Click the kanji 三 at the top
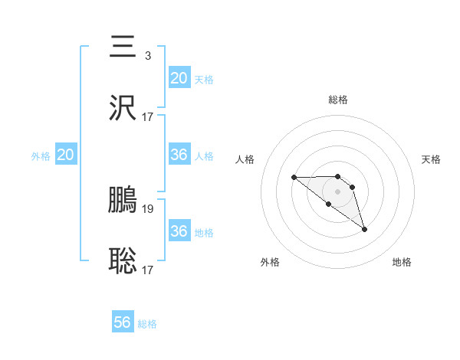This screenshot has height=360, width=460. tap(123, 47)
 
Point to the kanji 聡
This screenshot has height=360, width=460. tap(123, 261)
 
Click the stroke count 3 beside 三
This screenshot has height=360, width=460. tap(147, 55)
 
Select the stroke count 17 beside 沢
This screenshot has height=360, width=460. tap(148, 117)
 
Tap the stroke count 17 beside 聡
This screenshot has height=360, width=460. tap(148, 270)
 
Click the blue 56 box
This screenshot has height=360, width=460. tap(123, 322)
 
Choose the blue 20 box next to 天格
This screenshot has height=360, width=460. tap(179, 78)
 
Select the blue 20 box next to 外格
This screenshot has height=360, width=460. tap(66, 155)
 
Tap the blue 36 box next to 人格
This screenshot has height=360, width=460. tap(179, 155)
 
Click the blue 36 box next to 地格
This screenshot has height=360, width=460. tap(179, 231)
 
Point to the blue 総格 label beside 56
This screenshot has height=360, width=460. tap(147, 324)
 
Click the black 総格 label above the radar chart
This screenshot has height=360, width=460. tap(338, 100)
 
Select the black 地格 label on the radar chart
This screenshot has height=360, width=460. tap(402, 262)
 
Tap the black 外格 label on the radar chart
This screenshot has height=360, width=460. tap(270, 262)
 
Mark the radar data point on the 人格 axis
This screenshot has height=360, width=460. tap(294, 178)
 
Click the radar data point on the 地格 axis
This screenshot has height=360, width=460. tap(364, 229)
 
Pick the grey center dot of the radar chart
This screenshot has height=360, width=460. tap(337, 191)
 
